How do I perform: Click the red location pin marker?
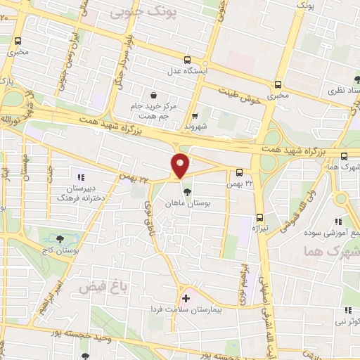click(x=181, y=165)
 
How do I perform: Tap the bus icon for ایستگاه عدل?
click(x=187, y=60)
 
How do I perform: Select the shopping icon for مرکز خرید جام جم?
click(x=153, y=95)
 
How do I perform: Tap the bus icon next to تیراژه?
click(x=259, y=217)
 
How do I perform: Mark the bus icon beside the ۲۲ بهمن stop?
click(x=240, y=172)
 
